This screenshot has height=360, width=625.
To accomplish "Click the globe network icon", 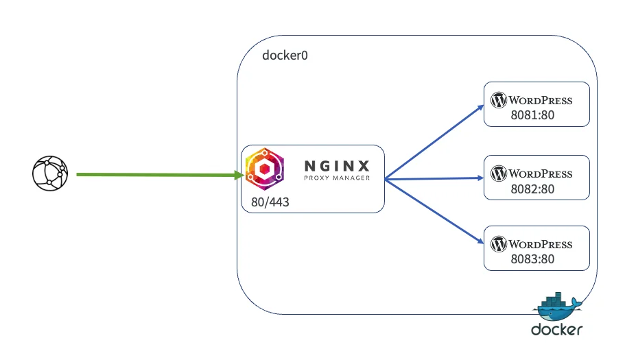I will coord(50,174).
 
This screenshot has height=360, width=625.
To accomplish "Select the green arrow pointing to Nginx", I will coord(158,175).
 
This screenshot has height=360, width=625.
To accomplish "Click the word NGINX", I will coord(337,166).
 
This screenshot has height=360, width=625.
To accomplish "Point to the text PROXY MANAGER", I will coord(337,178).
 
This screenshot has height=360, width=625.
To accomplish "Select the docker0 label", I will coord(285,55).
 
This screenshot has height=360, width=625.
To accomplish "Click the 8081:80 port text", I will coord(532,115).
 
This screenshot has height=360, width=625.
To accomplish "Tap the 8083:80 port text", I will coord(532,259).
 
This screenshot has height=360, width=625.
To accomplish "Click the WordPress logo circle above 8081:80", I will coord(499,100).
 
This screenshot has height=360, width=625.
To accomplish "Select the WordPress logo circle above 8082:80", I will coord(499,173).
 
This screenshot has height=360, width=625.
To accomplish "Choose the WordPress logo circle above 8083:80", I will coord(499,244).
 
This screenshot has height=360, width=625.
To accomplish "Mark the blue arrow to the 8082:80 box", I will coord(432,179).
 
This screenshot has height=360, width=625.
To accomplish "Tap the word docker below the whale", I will coord(556,330).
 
